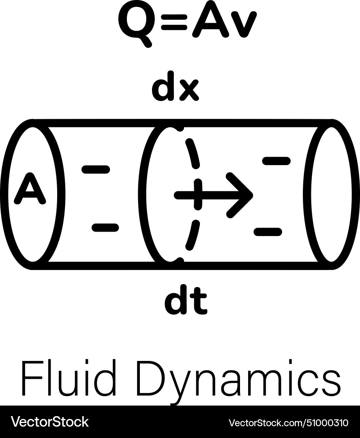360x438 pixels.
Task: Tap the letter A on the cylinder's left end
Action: (x=30, y=189)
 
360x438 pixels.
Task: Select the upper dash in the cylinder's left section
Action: (x=96, y=170)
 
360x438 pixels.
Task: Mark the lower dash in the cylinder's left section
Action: (x=105, y=228)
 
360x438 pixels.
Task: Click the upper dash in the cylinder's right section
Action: (x=276, y=161)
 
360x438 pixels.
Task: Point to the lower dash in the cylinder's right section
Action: (x=268, y=232)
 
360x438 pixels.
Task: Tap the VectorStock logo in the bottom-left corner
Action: (x=49, y=422)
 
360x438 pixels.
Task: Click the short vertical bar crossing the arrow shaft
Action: (x=198, y=195)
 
